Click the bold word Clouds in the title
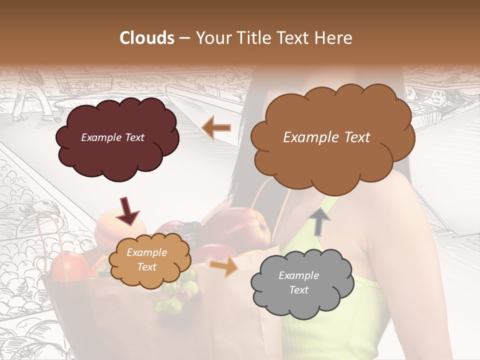coord(147,38)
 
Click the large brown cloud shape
coord(332,160)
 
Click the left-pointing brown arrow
coord(216,128)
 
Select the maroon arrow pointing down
coord(128,210)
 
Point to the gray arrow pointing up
coord(318,221)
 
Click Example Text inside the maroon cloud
coord(112,137)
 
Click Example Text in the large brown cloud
coord(326,137)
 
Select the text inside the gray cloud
coord(298,282)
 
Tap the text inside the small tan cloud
coord(146,260)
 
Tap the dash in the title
coord(184,38)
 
